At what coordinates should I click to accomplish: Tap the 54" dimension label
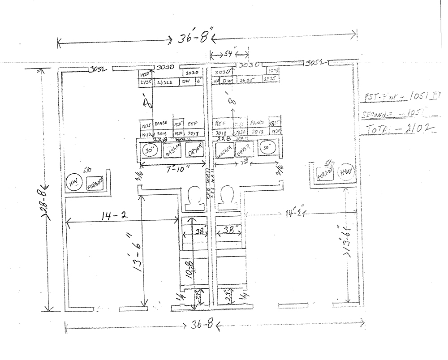(x=228, y=54)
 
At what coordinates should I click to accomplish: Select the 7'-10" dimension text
(x=178, y=169)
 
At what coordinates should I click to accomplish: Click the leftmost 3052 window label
(x=97, y=69)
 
